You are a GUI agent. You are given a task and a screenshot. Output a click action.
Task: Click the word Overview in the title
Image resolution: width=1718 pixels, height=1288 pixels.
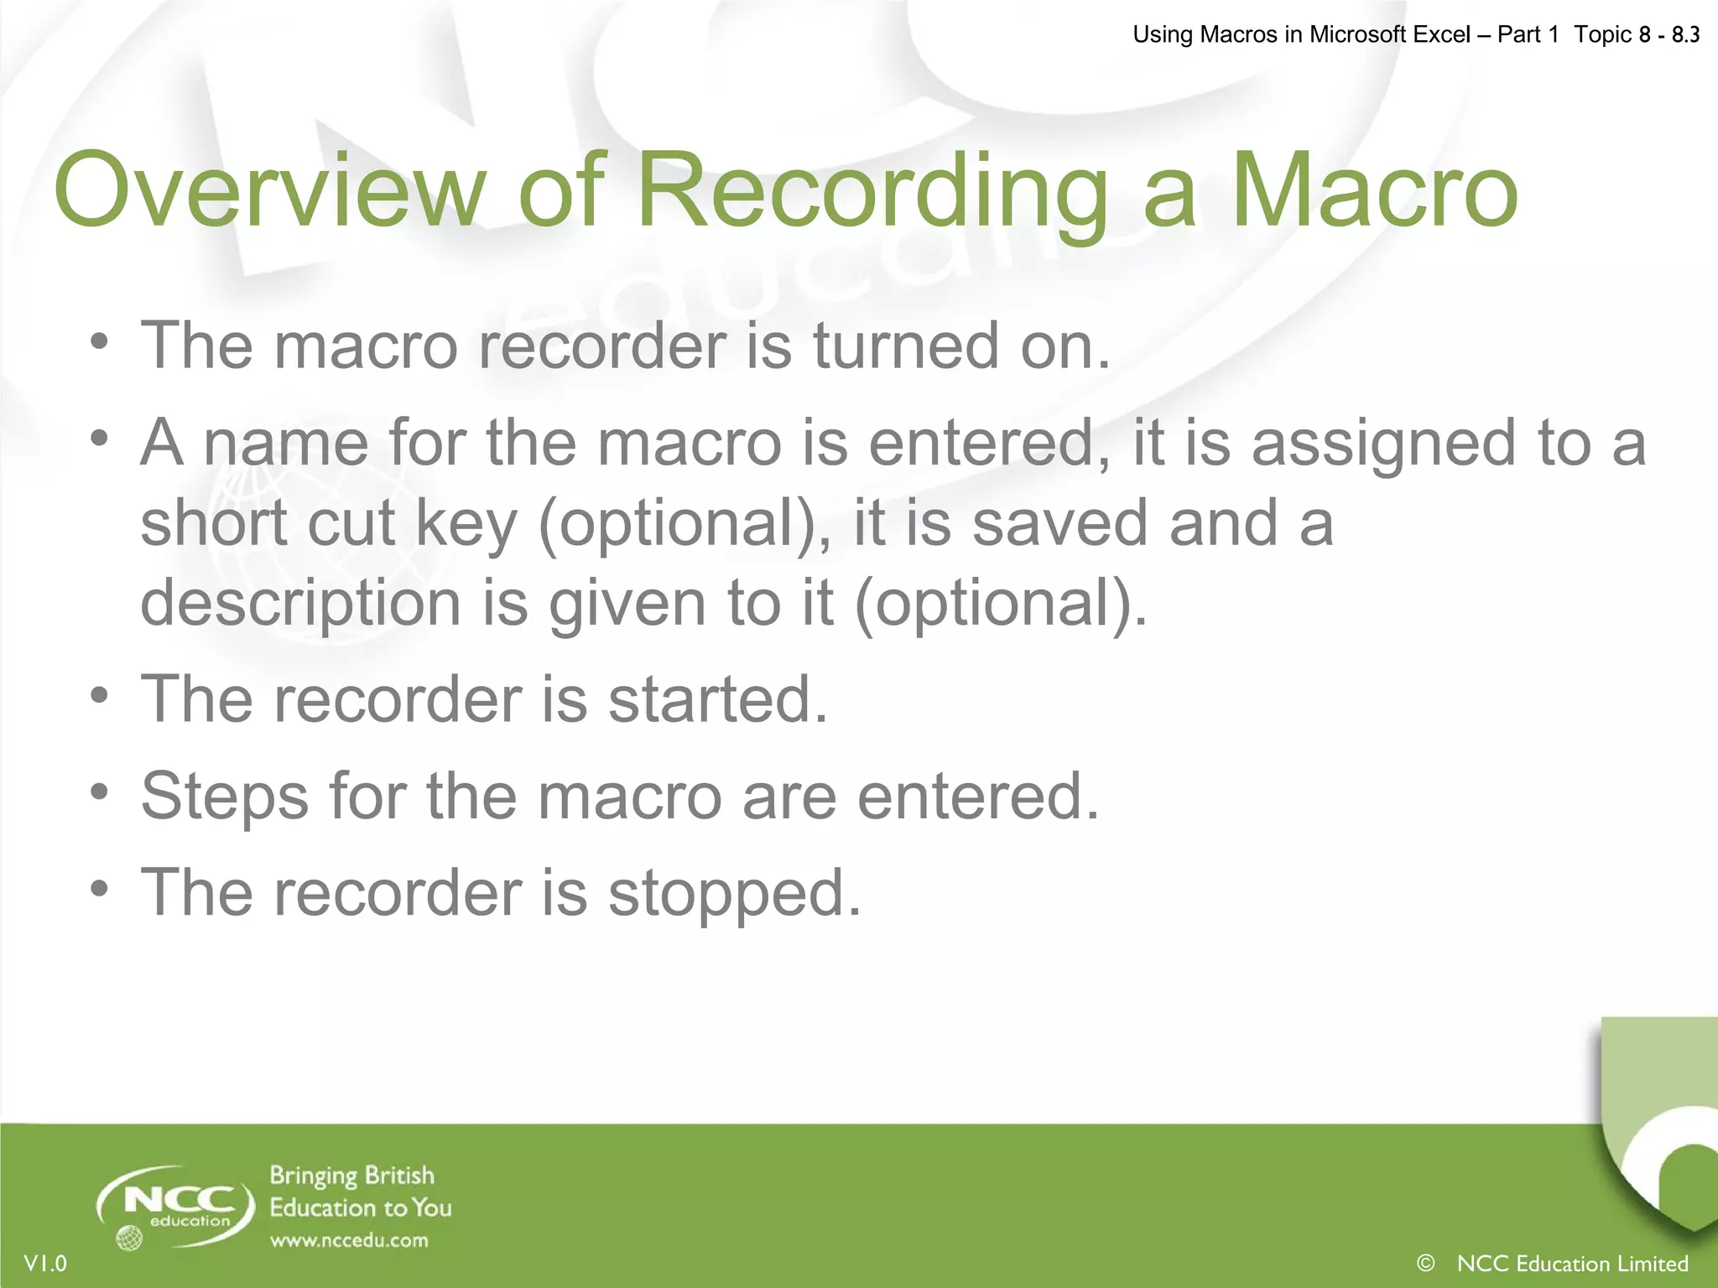tap(269, 190)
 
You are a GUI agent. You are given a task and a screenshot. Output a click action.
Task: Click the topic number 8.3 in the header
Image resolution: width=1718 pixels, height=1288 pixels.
tap(1685, 34)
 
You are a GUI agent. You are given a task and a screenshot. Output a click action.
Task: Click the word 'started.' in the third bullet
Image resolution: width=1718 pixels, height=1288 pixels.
tap(718, 699)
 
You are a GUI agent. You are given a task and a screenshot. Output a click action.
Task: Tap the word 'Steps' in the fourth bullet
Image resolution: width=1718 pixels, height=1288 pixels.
tap(225, 797)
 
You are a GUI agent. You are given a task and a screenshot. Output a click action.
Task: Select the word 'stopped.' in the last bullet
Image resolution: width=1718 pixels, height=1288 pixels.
tap(735, 894)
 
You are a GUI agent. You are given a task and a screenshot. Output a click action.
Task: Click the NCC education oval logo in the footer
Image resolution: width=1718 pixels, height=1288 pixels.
tap(175, 1206)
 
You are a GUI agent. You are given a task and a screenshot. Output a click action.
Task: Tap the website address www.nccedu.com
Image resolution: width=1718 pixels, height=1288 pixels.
tap(349, 1240)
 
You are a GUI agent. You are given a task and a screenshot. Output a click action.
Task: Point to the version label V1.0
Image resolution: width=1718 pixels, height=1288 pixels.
tap(45, 1264)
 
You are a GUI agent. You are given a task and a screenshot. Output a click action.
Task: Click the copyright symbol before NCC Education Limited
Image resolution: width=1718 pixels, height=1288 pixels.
tap(1425, 1263)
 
